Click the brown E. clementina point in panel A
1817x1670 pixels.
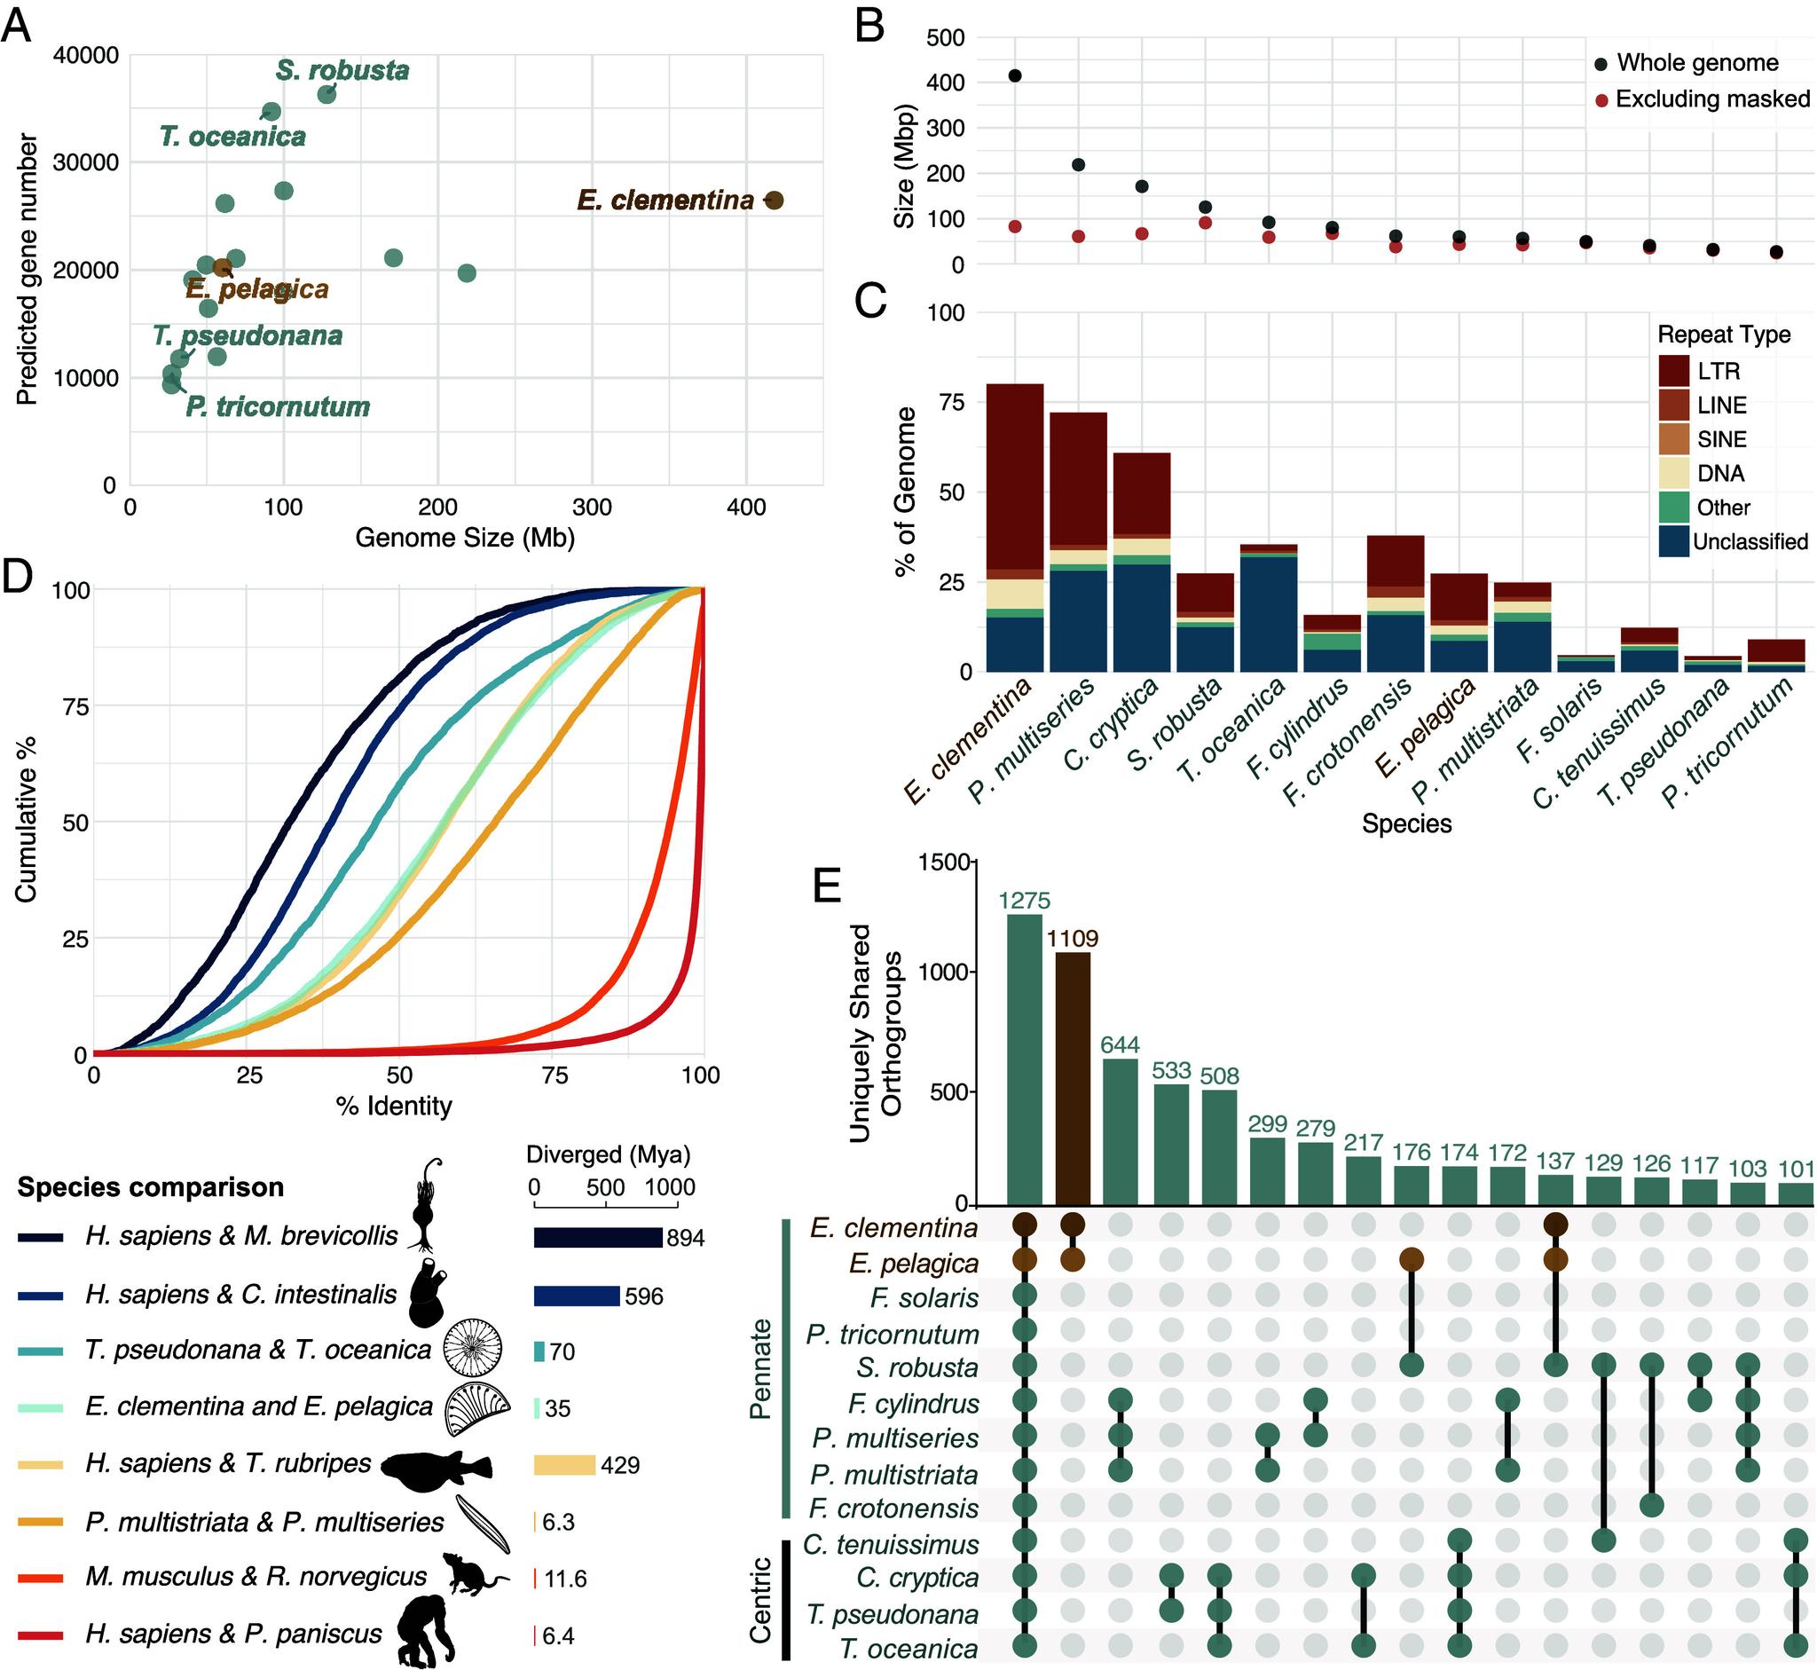(x=774, y=201)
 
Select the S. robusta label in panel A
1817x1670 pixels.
(x=342, y=70)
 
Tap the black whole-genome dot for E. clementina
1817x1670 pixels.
(x=1015, y=76)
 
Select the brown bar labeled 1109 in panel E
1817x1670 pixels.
(x=1073, y=1077)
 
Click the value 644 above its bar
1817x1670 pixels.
(x=1121, y=1045)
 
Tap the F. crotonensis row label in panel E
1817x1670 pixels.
(x=893, y=1509)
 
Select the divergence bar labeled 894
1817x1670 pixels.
(x=597, y=1238)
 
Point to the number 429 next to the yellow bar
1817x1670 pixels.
(x=620, y=1465)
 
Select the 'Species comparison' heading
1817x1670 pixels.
(x=150, y=1186)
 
